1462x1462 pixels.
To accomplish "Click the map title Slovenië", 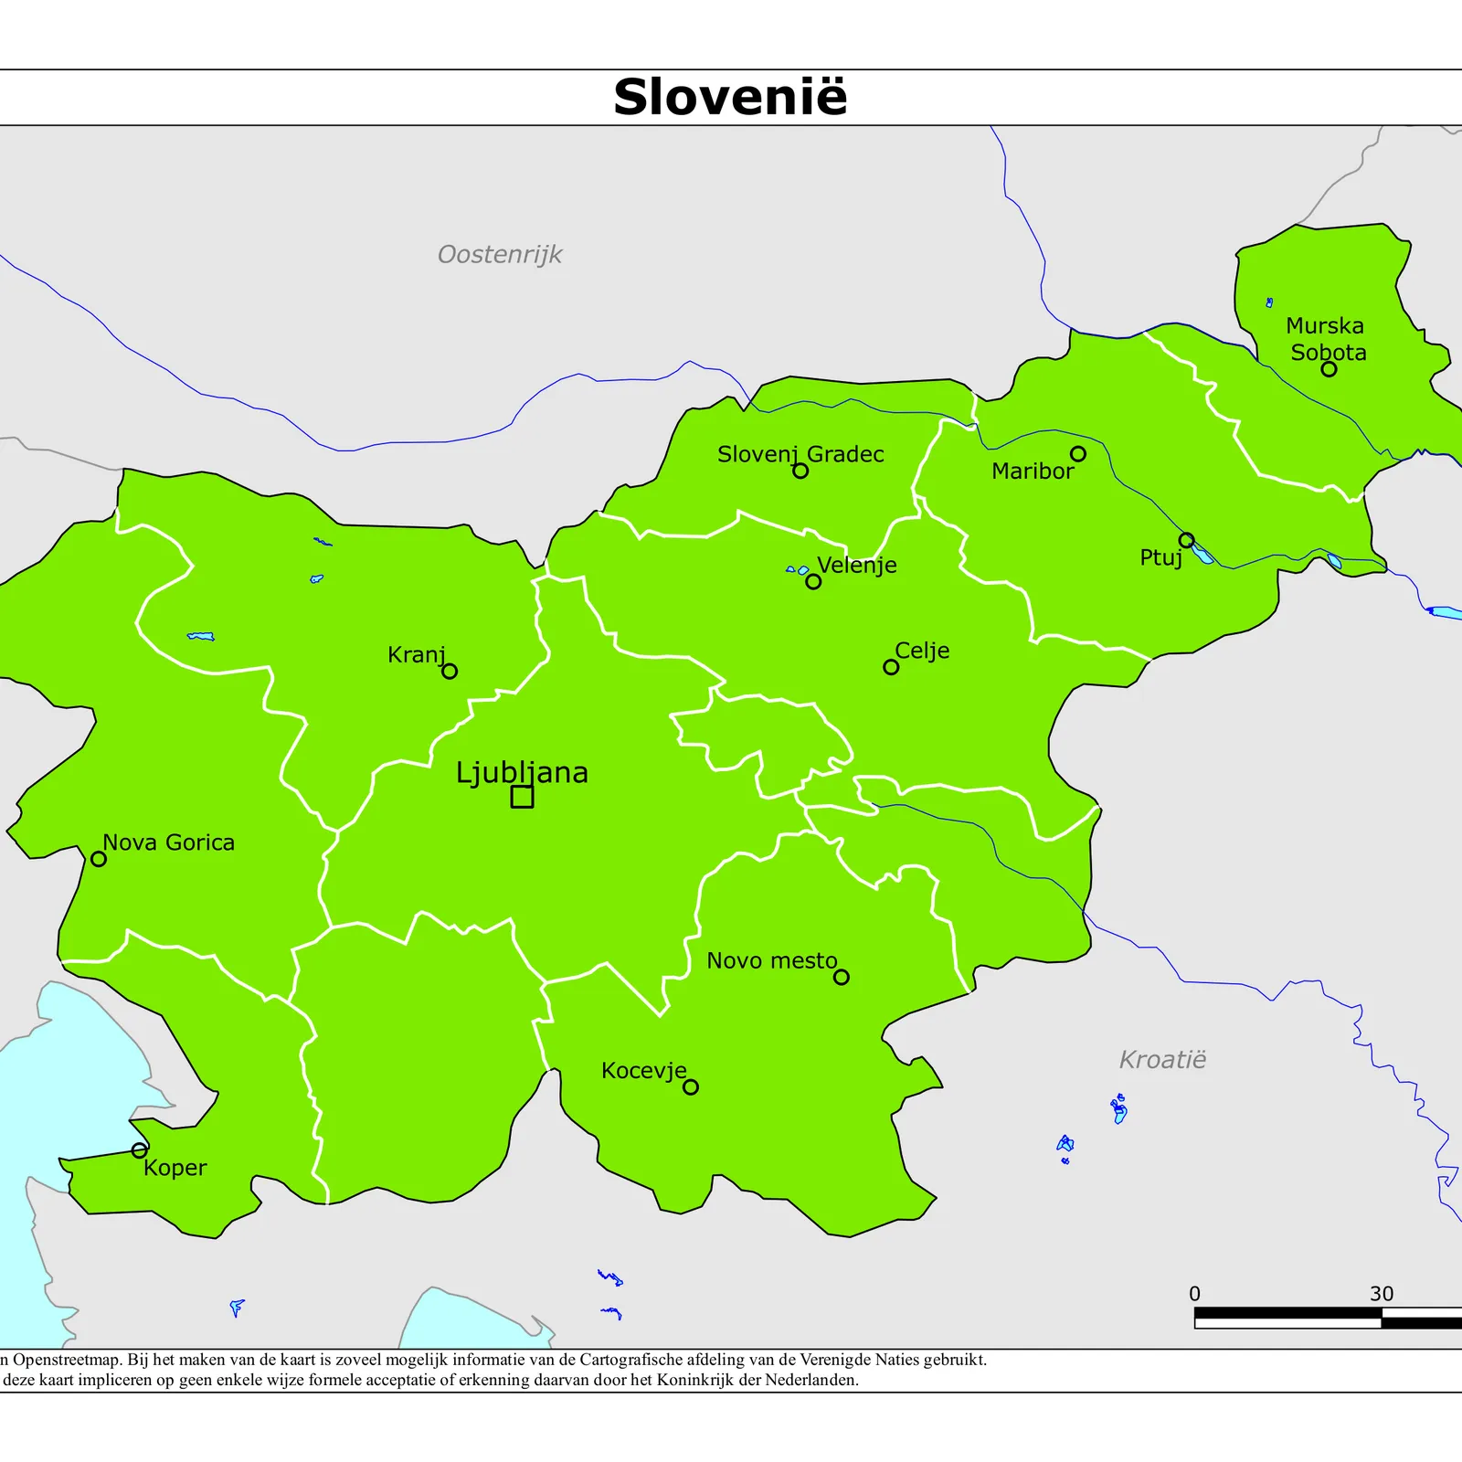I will click(730, 97).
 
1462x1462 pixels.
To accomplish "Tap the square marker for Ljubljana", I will click(522, 797).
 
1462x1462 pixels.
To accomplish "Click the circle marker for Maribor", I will click(1078, 454).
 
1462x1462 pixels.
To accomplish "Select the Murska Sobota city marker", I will click(1329, 369).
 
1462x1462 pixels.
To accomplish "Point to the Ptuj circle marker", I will click(1186, 540).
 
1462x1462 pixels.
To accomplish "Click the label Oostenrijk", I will click(500, 254).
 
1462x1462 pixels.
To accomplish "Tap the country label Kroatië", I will click(1162, 1060).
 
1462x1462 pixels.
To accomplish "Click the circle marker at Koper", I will click(139, 1150).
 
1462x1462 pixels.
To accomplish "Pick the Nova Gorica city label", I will click(168, 842).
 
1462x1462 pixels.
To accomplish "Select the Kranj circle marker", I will click(450, 671).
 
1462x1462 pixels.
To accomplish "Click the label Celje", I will click(922, 651).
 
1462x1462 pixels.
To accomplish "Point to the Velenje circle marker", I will click(813, 582).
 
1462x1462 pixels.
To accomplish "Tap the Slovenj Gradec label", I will click(800, 454).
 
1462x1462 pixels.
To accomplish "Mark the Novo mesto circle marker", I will click(842, 977).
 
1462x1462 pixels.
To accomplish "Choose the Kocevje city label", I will click(643, 1071).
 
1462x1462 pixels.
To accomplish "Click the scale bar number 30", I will click(1382, 1294).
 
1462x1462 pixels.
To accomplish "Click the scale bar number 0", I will click(1194, 1294).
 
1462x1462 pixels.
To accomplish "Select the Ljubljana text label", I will click(522, 773).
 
